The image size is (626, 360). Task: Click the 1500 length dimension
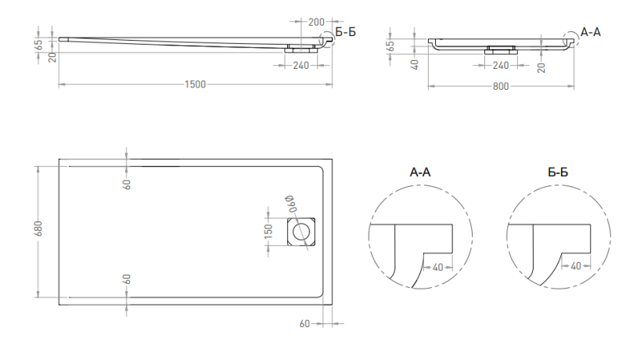[x=195, y=85]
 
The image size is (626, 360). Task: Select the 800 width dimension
[x=501, y=86]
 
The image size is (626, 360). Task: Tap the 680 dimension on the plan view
[x=38, y=229]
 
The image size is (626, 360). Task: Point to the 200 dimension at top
[x=316, y=22]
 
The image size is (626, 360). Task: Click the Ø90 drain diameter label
[x=291, y=203]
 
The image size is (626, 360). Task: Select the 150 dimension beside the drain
[x=268, y=232]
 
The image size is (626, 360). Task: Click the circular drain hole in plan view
[x=301, y=232]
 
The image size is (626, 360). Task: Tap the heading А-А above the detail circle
[x=420, y=172]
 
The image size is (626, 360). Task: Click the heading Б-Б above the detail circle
[x=558, y=172]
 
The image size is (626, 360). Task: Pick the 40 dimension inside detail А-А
[x=438, y=267]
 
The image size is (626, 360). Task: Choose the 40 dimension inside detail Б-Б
[x=576, y=266]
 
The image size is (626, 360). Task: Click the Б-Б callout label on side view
[x=345, y=32]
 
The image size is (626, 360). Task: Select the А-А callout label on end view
[x=591, y=32]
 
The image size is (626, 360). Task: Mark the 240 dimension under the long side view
[x=300, y=65]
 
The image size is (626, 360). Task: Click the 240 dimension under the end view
[x=501, y=65]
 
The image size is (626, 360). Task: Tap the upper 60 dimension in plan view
[x=127, y=184]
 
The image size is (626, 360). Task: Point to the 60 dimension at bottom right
[x=304, y=324]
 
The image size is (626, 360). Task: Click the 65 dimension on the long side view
[x=38, y=45]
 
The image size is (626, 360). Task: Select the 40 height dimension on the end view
[x=415, y=64]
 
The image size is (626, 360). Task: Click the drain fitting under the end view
[x=501, y=50]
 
